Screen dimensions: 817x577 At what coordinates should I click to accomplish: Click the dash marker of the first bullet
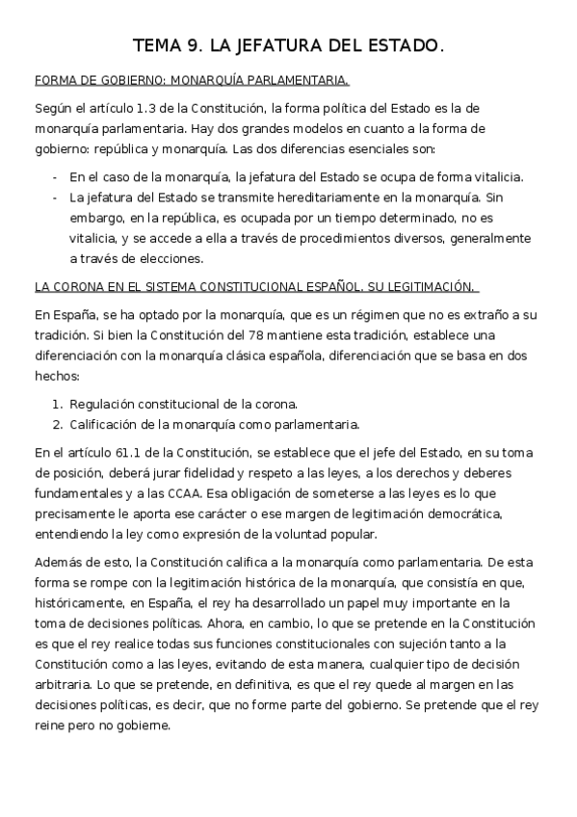coord(55,178)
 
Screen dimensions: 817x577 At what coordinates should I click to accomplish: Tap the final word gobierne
coord(144,726)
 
